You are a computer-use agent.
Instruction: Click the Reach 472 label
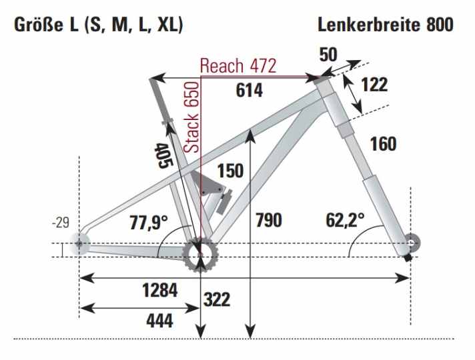point(238,66)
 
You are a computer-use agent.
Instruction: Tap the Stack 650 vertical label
point(191,118)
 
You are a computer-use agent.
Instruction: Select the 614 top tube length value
point(250,91)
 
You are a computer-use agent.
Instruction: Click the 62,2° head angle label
point(345,219)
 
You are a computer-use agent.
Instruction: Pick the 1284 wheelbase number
point(160,291)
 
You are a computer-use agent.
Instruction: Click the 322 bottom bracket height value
point(216,299)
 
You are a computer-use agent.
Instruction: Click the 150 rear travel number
point(230,171)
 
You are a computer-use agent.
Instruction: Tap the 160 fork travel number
point(382,143)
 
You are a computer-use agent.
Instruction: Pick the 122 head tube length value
point(374,85)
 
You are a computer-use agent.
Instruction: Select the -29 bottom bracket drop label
point(61,223)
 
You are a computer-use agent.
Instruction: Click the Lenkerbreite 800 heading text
point(386,25)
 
